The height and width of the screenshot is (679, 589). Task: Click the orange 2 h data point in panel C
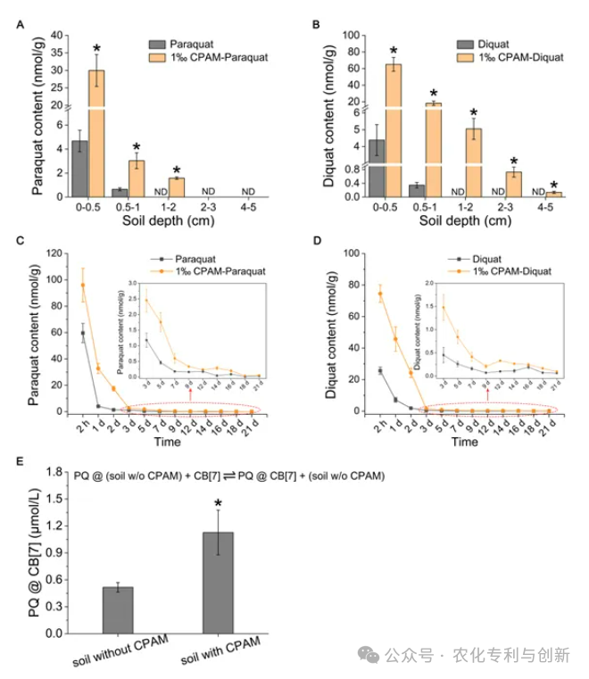pos(83,286)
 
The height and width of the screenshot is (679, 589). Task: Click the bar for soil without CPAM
pos(118,610)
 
